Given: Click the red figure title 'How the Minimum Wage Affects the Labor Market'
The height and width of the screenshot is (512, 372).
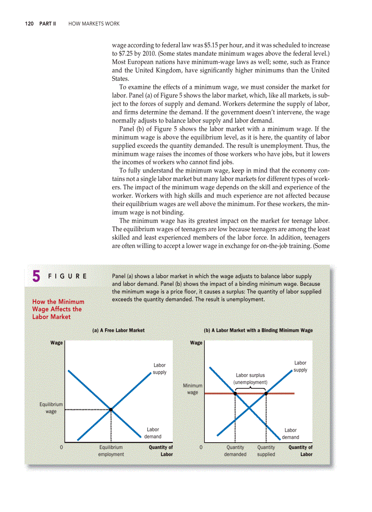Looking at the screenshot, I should pyautogui.click(x=58, y=309).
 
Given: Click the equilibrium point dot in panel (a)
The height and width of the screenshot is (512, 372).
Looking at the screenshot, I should pyautogui.click(x=111, y=409).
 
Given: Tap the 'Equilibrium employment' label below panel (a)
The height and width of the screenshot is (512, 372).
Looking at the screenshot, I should pyautogui.click(x=111, y=450).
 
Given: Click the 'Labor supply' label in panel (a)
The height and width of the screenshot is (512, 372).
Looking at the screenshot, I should pyautogui.click(x=160, y=368).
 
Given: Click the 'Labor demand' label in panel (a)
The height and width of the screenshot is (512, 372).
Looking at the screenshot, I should pyautogui.click(x=153, y=433).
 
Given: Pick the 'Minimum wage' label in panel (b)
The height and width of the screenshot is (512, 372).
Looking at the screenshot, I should pyautogui.click(x=192, y=389).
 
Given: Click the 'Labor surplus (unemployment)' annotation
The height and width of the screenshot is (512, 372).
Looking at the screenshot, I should pyautogui.click(x=250, y=378).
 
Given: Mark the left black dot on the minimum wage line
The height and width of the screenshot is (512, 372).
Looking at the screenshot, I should pyautogui.click(x=235, y=393).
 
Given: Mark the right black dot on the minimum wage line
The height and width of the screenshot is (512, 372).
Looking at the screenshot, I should pyautogui.click(x=266, y=393).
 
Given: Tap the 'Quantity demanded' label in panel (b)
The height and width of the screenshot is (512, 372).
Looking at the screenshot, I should pyautogui.click(x=235, y=450).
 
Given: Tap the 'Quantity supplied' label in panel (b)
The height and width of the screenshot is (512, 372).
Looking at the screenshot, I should pyautogui.click(x=266, y=450).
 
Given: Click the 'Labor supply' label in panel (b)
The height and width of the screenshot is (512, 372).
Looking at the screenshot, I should pyautogui.click(x=300, y=366).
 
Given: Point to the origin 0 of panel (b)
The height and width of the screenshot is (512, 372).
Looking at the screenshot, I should pyautogui.click(x=201, y=447).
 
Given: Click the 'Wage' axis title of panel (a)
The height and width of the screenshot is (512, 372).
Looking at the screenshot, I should pyautogui.click(x=57, y=343).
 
